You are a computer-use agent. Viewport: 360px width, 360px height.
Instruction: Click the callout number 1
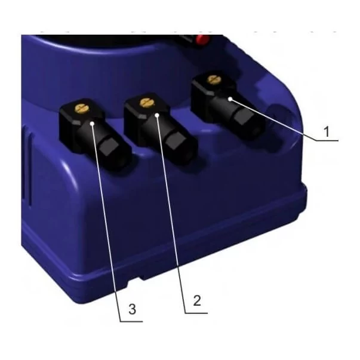(x=327, y=131)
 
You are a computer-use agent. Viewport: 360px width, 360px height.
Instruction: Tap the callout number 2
(x=197, y=300)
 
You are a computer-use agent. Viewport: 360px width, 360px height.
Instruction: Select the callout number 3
(x=133, y=309)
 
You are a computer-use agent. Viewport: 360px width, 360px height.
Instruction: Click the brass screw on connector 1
(x=214, y=79)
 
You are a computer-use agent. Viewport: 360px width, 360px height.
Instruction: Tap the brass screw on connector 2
(x=147, y=103)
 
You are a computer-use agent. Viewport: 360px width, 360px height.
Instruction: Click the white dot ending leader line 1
(x=230, y=99)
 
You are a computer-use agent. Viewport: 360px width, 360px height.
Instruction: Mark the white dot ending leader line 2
(x=157, y=115)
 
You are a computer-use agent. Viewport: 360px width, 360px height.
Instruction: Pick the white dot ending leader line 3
(x=93, y=124)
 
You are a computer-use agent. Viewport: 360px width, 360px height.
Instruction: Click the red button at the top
(x=201, y=39)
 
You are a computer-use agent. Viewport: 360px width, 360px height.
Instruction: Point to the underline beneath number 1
(x=327, y=140)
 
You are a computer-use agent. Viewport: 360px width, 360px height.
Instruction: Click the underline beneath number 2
(x=196, y=313)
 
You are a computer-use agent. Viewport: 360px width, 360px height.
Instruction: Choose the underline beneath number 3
(x=131, y=321)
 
